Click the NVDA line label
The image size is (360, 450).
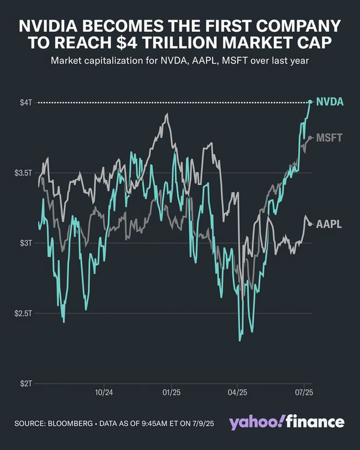coord(329,102)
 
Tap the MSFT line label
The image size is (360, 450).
coord(329,138)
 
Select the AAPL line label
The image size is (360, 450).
coord(329,224)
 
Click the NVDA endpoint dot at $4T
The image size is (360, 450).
coord(310,102)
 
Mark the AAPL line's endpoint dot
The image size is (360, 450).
coord(310,224)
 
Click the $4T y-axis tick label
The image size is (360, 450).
coord(26,103)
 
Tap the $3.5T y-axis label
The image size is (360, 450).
coord(23,173)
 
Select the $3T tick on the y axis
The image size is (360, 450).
coord(26,243)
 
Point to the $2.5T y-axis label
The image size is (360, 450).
coord(23,313)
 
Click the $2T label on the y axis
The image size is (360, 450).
coord(26,384)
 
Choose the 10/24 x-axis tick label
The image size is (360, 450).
coord(104,392)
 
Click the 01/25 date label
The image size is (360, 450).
coord(172,392)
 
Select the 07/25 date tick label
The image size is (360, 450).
coord(304,392)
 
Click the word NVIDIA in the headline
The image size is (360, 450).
coord(48,26)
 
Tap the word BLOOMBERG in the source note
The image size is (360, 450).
coord(70,423)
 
